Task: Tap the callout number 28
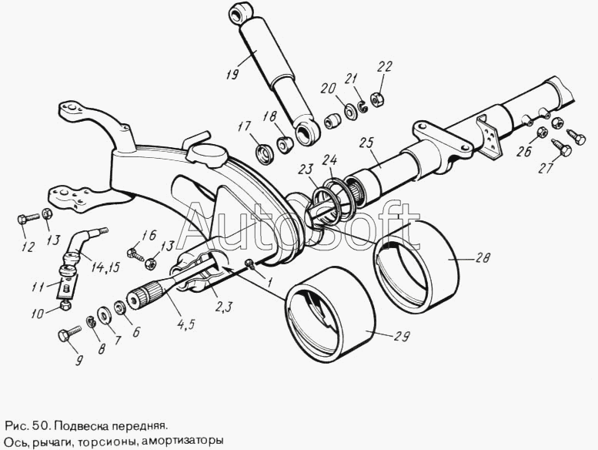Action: [483, 258]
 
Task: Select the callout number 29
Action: [401, 337]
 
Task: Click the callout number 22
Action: [385, 67]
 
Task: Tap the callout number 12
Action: [28, 247]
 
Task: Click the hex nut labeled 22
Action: [378, 98]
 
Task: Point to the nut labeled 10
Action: [65, 306]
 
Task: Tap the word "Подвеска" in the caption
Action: [84, 425]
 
